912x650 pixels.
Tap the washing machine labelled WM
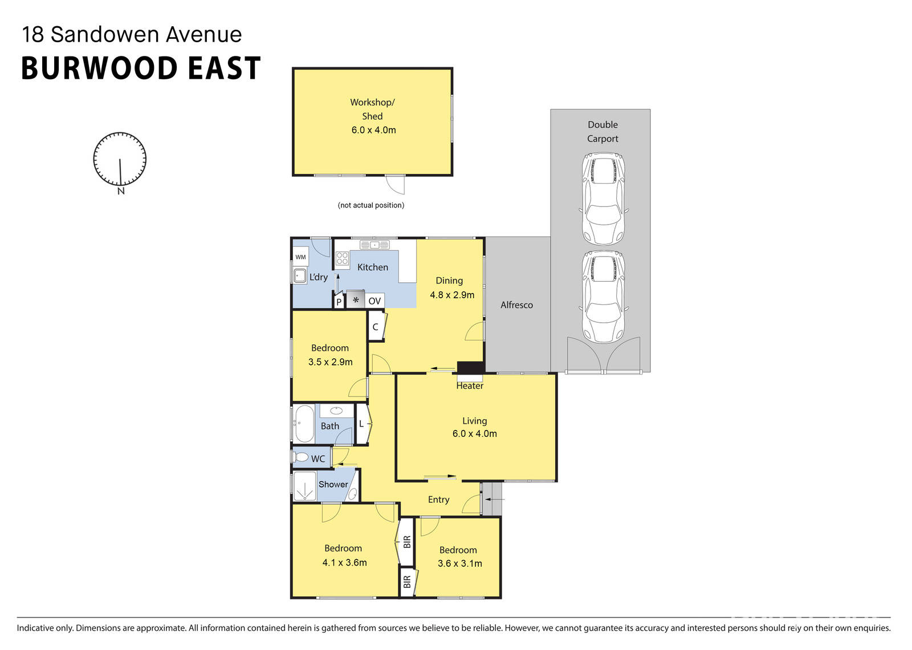(300, 257)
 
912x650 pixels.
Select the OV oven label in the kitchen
(374, 301)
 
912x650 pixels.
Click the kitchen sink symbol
(374, 245)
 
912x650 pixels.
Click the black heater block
(470, 368)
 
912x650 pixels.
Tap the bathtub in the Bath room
(304, 424)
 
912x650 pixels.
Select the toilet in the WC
(300, 457)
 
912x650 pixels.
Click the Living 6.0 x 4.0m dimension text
(474, 434)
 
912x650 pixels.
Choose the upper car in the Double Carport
(603, 198)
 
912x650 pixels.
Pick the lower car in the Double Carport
(603, 296)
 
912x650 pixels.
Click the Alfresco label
(516, 305)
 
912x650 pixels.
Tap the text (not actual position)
(370, 205)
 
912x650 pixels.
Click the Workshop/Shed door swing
(394, 184)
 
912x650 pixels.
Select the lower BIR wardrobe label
(407, 582)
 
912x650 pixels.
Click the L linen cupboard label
(361, 424)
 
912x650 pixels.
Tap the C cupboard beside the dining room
(375, 327)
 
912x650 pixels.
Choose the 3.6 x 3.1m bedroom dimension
(459, 564)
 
